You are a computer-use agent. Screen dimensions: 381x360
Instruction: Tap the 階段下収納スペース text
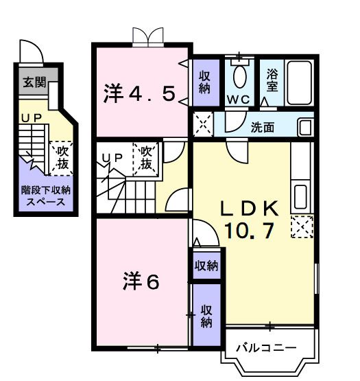coord(40,196)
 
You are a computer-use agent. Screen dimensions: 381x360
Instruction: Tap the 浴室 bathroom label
coord(272,81)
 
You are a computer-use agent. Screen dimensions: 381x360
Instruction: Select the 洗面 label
coord(263,127)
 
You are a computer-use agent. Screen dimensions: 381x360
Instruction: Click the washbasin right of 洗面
coord(305,127)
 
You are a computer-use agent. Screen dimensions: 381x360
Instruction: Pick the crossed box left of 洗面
coord(202,124)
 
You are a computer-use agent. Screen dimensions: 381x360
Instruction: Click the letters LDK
coord(249,207)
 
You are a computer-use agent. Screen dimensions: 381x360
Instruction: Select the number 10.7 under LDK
coord(249,231)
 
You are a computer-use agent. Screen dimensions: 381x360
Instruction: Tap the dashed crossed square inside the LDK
coord(301,227)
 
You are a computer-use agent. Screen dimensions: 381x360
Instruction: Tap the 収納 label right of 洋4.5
coord(205,82)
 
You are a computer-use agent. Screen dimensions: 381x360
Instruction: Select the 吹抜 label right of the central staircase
coord(147,158)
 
